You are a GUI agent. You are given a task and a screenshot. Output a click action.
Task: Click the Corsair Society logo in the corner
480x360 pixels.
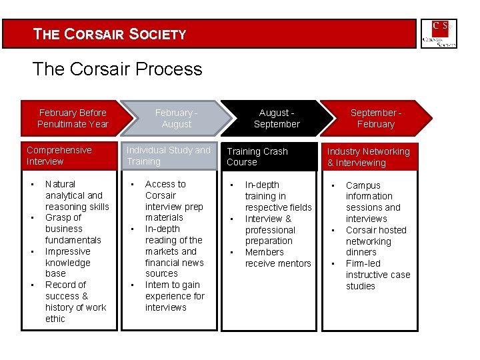click(x=439, y=33)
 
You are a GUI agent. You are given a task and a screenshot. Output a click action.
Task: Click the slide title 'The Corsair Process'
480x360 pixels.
click(x=117, y=69)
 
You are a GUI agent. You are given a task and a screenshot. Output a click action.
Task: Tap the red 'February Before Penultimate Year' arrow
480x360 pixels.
click(x=73, y=119)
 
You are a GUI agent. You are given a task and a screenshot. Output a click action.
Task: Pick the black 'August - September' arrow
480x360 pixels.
click(x=277, y=119)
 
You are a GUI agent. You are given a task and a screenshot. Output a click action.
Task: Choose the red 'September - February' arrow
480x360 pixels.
click(x=375, y=119)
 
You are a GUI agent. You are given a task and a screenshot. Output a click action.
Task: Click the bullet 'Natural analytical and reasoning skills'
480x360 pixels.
click(x=77, y=195)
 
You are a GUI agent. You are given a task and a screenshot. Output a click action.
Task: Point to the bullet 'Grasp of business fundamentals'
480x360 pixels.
click(x=73, y=229)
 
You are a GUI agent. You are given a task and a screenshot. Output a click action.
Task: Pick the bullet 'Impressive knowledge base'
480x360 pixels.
click(x=67, y=263)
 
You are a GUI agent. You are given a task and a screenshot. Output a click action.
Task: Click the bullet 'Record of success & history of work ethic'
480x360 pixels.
click(x=75, y=302)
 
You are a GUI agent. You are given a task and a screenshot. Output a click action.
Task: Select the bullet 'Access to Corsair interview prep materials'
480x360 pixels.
click(x=173, y=201)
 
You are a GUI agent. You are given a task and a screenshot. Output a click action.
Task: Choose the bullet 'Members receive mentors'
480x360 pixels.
click(x=278, y=258)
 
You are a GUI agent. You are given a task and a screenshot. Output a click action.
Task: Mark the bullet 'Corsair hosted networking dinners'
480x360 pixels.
click(x=376, y=241)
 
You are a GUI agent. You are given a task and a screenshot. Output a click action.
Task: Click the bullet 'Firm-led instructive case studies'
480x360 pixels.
click(x=378, y=275)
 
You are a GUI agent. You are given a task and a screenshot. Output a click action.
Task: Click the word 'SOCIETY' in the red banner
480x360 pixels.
click(x=158, y=34)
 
